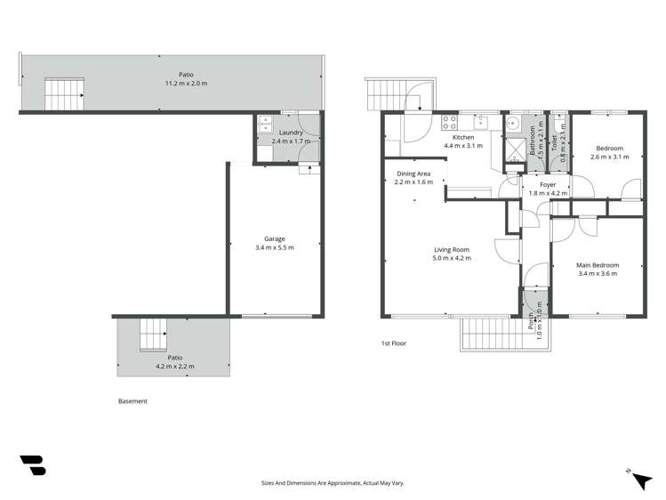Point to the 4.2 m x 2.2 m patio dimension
[x=175, y=366]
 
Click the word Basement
[x=132, y=401]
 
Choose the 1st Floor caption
[x=393, y=343]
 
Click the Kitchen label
[x=462, y=138]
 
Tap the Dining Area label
[x=413, y=173]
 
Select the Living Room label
[x=452, y=250]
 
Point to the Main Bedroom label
[x=598, y=265]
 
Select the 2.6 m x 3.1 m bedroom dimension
[x=609, y=157]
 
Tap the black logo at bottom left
[x=33, y=466]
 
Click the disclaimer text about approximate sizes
[x=333, y=483]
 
